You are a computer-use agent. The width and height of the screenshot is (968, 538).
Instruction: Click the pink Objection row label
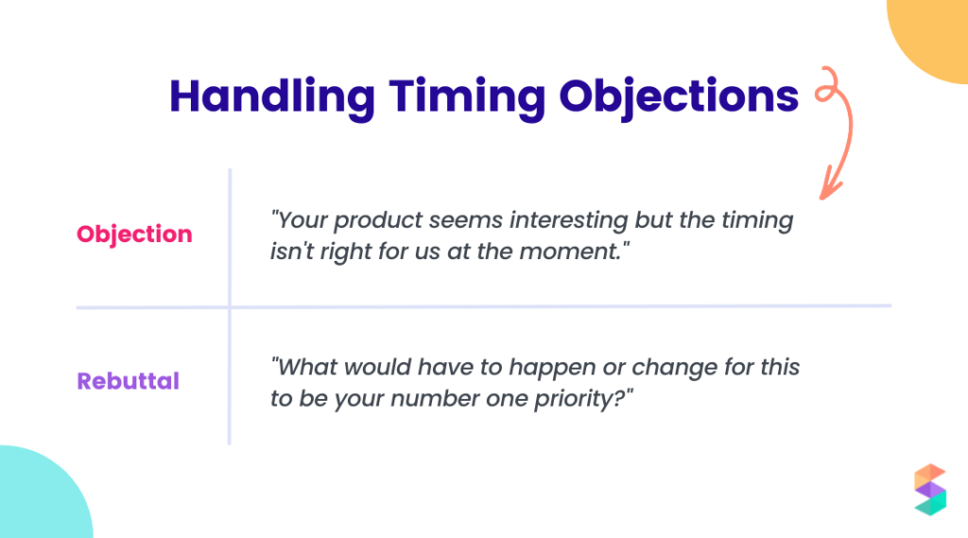tap(134, 234)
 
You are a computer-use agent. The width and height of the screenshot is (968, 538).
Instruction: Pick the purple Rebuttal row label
tap(129, 381)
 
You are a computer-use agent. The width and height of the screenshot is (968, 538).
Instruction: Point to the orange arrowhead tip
tap(825, 196)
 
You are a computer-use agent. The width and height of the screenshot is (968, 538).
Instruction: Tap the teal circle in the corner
tap(38, 496)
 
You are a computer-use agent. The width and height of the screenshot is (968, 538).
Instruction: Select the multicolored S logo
tap(929, 490)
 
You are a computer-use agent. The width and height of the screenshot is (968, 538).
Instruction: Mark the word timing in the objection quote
tap(757, 220)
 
